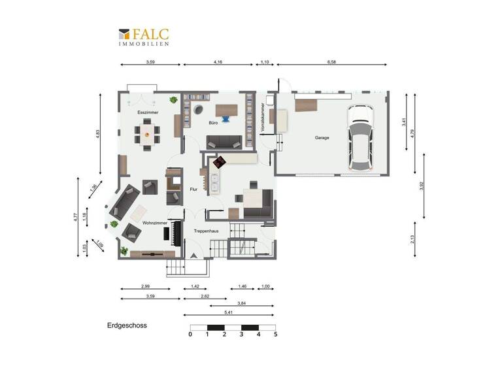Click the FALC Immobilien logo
coord(143,37)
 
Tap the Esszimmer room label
coord(148,112)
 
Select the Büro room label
coord(213,122)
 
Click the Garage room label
coord(322,138)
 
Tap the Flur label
coord(193,190)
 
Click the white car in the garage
coord(360,136)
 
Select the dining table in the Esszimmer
coord(148,136)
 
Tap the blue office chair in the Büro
coord(226,118)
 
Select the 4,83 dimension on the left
coord(97,133)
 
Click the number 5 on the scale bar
coord(276,334)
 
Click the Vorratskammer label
coord(262,119)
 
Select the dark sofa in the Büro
coord(224,141)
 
